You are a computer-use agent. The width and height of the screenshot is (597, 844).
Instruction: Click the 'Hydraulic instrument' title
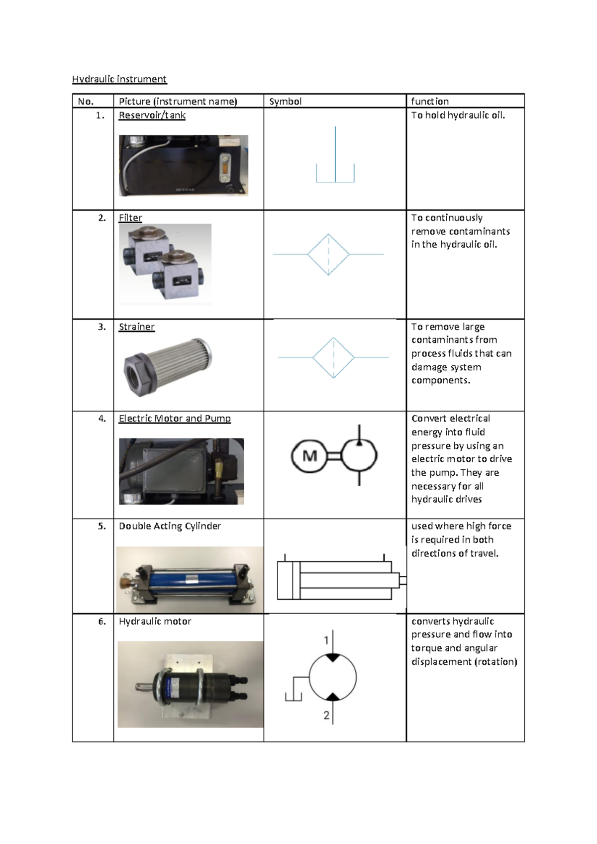click(x=119, y=79)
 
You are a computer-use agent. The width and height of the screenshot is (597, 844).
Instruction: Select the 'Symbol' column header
click(x=285, y=102)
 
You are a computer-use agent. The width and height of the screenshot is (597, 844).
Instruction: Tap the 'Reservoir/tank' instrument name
click(x=152, y=115)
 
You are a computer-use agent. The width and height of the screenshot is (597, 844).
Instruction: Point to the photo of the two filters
click(x=165, y=265)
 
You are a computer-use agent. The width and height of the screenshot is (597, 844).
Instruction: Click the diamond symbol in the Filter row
click(x=328, y=254)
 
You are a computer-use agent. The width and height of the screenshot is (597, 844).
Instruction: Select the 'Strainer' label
click(x=136, y=327)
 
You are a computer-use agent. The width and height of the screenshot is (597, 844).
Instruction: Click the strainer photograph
click(x=168, y=367)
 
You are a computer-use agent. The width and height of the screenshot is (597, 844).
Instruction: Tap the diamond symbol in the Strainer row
click(x=333, y=357)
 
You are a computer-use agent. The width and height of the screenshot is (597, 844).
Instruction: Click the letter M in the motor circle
click(x=309, y=456)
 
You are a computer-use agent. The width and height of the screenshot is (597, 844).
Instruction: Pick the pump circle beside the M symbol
click(x=359, y=455)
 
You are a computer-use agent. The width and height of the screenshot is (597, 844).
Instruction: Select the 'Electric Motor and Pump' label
click(x=175, y=419)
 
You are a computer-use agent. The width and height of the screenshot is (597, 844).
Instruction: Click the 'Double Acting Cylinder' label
click(x=170, y=526)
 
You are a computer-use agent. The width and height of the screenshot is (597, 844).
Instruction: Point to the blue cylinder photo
click(x=190, y=580)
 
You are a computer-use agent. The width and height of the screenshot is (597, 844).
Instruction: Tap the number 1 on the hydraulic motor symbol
click(x=326, y=640)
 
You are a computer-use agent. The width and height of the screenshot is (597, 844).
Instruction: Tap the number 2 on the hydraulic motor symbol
click(x=326, y=715)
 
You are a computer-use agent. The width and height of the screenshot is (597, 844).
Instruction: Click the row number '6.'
click(x=102, y=622)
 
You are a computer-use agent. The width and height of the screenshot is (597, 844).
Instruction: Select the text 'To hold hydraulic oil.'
click(x=458, y=115)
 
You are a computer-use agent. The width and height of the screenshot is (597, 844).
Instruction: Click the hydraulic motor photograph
click(x=191, y=684)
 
